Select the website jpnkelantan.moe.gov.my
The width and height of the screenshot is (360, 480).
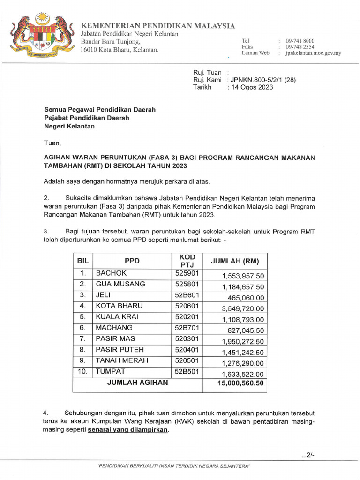313,53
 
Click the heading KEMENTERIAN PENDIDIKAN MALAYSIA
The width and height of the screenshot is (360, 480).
158,26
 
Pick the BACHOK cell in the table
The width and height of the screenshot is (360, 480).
111,273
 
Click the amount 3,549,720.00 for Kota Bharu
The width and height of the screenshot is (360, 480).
243,308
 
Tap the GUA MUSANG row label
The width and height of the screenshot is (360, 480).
120,284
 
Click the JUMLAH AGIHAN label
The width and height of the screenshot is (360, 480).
137,382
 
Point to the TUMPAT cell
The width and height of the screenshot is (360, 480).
111,371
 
